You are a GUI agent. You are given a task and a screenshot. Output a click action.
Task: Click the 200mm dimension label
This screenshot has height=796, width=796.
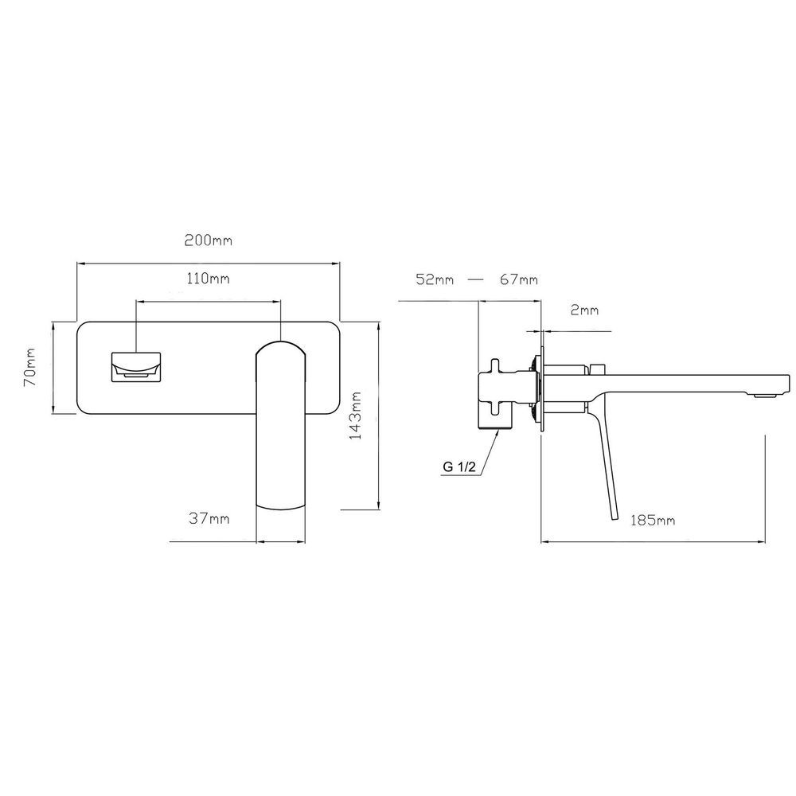(208, 240)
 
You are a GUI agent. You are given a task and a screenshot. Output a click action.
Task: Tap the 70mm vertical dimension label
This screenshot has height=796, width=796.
(30, 367)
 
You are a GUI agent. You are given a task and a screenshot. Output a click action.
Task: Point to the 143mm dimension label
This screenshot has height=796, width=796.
(356, 416)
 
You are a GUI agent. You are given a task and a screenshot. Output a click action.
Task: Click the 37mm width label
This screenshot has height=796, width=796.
(209, 518)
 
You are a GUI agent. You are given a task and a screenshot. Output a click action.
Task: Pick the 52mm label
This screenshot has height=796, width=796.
(435, 279)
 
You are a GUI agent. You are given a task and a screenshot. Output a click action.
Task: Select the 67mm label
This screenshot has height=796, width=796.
(518, 279)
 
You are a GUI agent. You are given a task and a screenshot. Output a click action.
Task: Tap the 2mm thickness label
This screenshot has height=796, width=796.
(584, 310)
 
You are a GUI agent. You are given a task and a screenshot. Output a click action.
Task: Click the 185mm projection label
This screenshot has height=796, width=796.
(653, 520)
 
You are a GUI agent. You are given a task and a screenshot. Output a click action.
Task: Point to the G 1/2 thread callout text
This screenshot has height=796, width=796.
(459, 467)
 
